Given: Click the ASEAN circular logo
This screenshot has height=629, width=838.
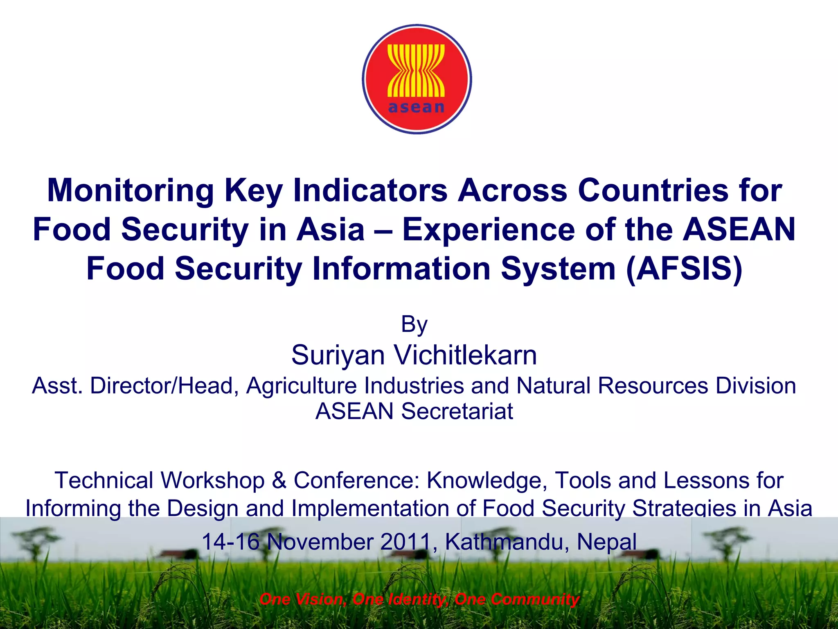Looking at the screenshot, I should pyautogui.click(x=417, y=79).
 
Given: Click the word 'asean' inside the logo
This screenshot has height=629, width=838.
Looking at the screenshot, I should pyautogui.click(x=416, y=107).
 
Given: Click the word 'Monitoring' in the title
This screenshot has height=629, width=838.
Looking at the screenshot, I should pyautogui.click(x=131, y=191).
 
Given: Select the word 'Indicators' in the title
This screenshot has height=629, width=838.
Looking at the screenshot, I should pyautogui.click(x=370, y=191).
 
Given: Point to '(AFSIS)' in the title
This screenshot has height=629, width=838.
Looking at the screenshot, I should pyautogui.click(x=684, y=269).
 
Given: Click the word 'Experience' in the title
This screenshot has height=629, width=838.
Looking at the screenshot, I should pyautogui.click(x=489, y=230).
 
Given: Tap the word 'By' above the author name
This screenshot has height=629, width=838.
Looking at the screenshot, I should pyautogui.click(x=414, y=324).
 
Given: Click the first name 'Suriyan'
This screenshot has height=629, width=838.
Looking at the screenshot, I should pyautogui.click(x=338, y=355).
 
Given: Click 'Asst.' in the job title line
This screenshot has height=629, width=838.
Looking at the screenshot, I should pyautogui.click(x=57, y=386).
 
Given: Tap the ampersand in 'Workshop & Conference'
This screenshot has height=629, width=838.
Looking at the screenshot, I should pyautogui.click(x=279, y=480).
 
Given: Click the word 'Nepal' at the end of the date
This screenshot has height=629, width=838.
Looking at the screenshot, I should pyautogui.click(x=606, y=542).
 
